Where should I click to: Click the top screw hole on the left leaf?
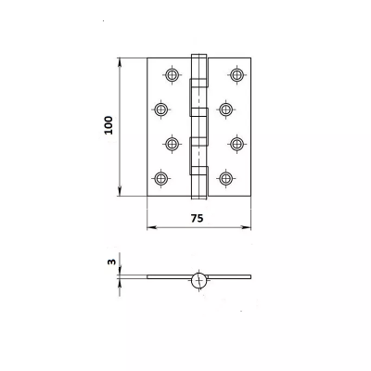coord(172,74)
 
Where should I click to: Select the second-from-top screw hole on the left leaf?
coord(160,109)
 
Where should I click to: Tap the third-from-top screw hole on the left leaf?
coord(172,143)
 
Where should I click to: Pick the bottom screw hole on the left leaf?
coord(160,177)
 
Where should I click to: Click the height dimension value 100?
coord(109,126)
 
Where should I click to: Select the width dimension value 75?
coord(197,216)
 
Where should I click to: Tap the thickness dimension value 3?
coord(109,262)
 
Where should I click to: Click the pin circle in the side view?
coord(198,279)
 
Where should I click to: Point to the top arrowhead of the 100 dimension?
coord(121,61)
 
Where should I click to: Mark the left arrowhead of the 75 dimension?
coord(150,226)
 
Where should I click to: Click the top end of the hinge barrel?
coord(198,56)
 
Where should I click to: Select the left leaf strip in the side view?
coord(167,277)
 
